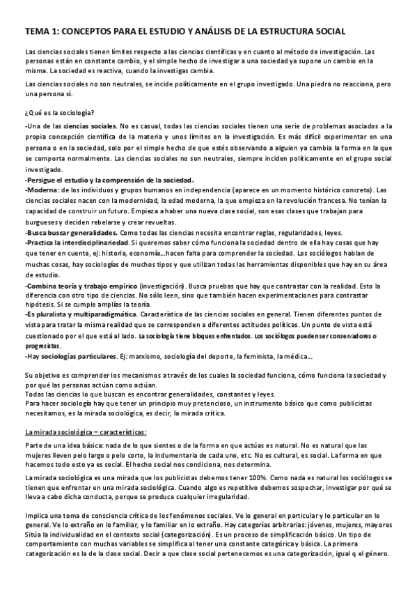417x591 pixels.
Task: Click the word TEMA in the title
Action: tap(36, 32)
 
